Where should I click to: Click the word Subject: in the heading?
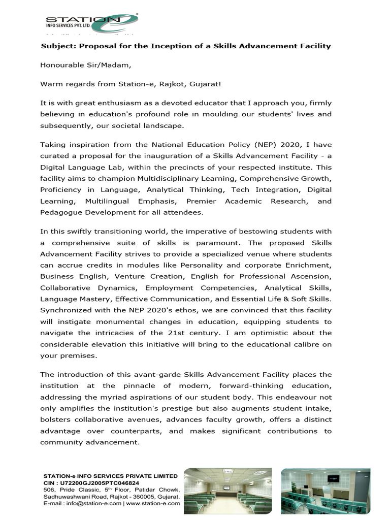pyautogui.click(x=57, y=46)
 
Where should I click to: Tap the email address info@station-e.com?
pyautogui.click(x=93, y=503)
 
